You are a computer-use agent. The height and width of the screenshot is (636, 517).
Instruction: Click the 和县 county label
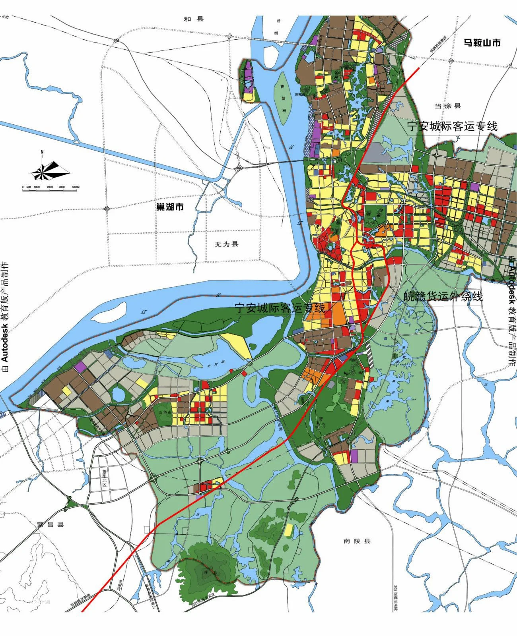(194, 19)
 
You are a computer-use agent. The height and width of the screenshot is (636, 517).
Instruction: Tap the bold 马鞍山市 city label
(482, 43)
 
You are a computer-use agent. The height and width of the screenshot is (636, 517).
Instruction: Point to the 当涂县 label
(447, 106)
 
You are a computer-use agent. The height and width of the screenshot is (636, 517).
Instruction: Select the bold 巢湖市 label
(170, 207)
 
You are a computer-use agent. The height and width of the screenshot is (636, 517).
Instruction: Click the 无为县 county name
(226, 244)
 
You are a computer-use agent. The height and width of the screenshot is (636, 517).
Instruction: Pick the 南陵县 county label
(357, 541)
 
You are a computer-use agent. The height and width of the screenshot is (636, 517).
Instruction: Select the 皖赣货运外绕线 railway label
(443, 296)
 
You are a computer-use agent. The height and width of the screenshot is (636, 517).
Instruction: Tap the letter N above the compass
(42, 152)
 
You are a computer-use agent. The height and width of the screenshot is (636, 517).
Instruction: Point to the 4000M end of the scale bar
(76, 187)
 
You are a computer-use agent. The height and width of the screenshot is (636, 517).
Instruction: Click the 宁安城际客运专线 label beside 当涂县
(452, 126)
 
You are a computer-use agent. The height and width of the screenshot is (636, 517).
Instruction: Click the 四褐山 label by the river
(299, 95)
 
